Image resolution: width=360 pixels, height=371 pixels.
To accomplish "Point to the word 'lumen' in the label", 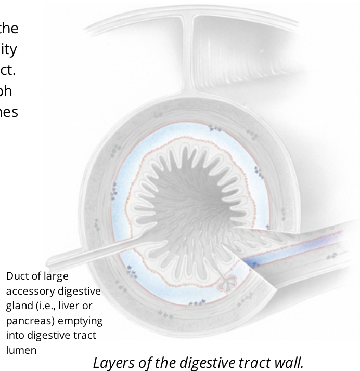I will coord(21,350).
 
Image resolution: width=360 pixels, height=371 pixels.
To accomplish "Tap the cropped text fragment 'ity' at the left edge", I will coord(10,49).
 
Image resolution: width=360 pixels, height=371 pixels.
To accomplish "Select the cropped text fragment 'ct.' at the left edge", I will coord(9,70).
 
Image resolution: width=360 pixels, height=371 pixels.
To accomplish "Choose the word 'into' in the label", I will coord(16,335).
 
